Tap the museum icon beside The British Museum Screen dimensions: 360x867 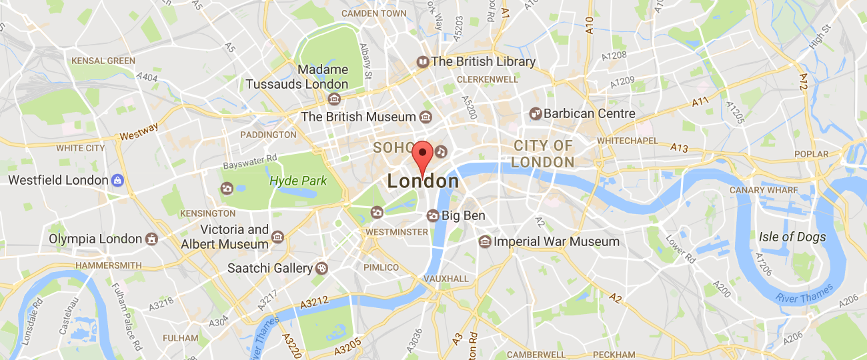click(x=425, y=117)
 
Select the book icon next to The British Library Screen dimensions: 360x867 click(x=422, y=62)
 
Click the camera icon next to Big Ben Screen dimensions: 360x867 click(x=433, y=216)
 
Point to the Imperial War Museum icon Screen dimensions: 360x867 click(x=485, y=241)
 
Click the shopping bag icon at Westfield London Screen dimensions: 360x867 click(x=117, y=180)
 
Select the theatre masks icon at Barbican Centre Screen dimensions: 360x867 click(x=535, y=114)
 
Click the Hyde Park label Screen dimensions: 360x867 click(x=298, y=181)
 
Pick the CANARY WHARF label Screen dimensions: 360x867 click(x=763, y=190)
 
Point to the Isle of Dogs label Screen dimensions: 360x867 click(x=792, y=237)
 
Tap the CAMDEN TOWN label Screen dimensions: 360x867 click(x=373, y=13)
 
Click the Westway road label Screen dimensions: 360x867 click(x=139, y=131)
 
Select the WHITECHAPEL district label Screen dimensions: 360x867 click(x=627, y=141)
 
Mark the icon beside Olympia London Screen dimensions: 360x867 click(x=152, y=239)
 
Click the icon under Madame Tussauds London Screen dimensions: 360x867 click(x=334, y=99)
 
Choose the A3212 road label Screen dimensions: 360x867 click(x=314, y=303)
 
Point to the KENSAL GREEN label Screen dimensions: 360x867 click(x=103, y=61)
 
